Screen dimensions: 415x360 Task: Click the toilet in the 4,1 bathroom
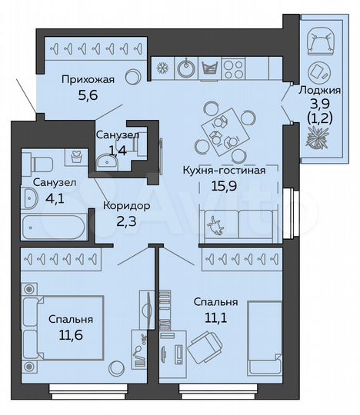coord(39,162)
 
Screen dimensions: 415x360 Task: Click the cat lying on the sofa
coord(217,226)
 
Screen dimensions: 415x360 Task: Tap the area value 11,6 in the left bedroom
coord(71,335)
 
